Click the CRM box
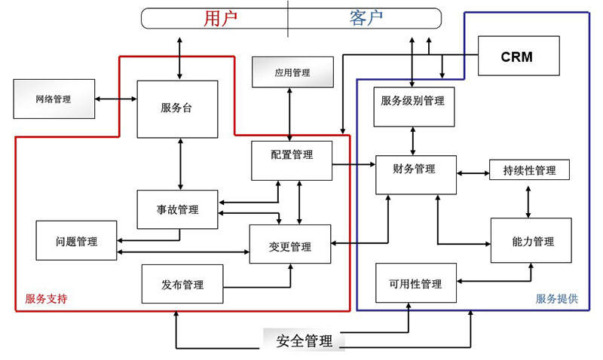pos(518,56)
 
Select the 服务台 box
pos(177,108)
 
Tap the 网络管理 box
pos(54,99)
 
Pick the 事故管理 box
pos(177,209)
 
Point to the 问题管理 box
pos(76,241)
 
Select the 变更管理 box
pos(290,244)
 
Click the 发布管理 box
pos(182,284)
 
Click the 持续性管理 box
pos(529,170)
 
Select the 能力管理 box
pos(531,241)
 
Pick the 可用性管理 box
pos(416,283)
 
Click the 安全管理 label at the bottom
pos(304,341)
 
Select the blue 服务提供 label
pos(557,299)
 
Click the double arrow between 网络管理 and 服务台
pos(116,99)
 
